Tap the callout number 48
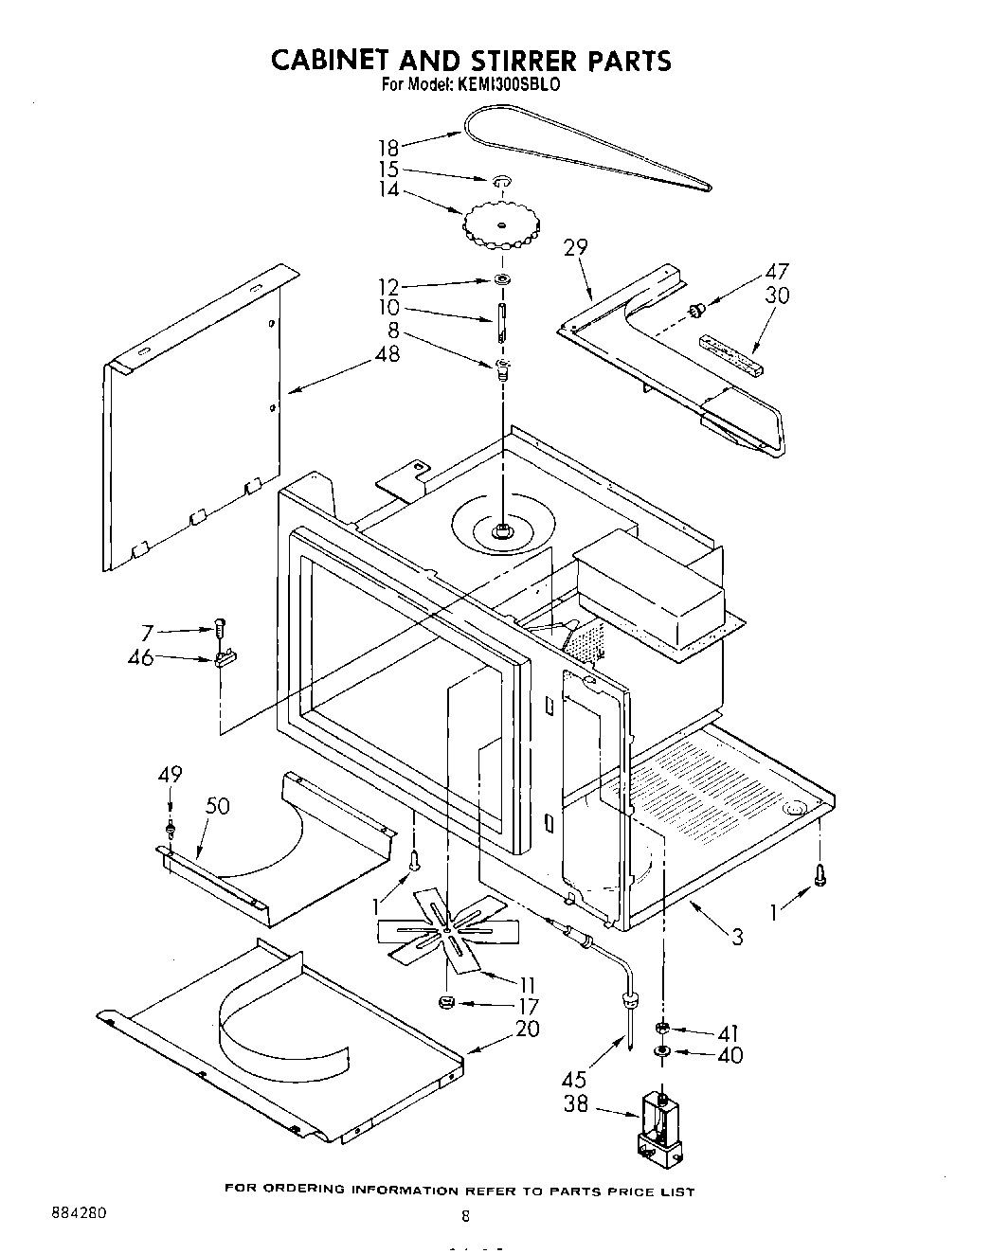pyautogui.click(x=387, y=354)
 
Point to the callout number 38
pyautogui.click(x=576, y=1103)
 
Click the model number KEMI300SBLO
pyautogui.click(x=510, y=84)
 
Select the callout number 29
pyautogui.click(x=576, y=248)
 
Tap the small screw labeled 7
pyautogui.click(x=221, y=627)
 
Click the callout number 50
pyautogui.click(x=218, y=806)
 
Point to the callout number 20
pyautogui.click(x=528, y=1028)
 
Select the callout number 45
pyautogui.click(x=573, y=1079)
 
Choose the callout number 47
pyautogui.click(x=777, y=271)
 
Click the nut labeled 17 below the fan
pyautogui.click(x=447, y=1002)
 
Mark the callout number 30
pyautogui.click(x=777, y=296)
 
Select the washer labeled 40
pyautogui.click(x=662, y=1052)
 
